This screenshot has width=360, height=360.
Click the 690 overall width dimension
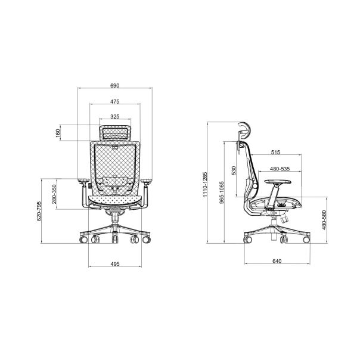[115, 86]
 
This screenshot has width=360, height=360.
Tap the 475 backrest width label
[115, 101]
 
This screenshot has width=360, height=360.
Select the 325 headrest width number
[115, 117]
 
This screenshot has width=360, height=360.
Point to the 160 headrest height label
[58, 133]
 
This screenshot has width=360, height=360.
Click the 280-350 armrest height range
[54, 194]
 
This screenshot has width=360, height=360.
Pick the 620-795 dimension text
[39, 211]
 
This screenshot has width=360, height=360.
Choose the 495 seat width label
[115, 264]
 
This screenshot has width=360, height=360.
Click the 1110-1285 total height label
[205, 184]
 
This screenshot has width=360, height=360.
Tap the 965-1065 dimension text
[221, 193]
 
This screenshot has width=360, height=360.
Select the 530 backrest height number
[234, 170]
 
